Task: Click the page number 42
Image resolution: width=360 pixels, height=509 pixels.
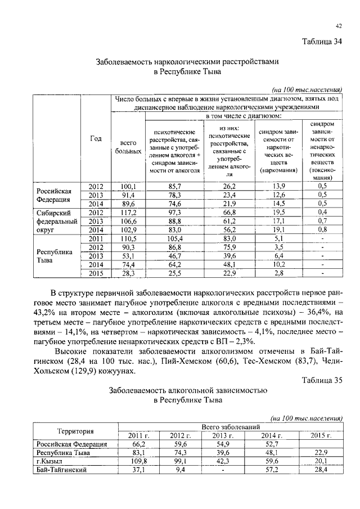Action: pos(339,26)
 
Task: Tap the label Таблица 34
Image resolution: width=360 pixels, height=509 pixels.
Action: pos(322,41)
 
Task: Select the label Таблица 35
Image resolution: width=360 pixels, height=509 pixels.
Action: pos(322,380)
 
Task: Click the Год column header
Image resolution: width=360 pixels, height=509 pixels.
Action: pos(96,138)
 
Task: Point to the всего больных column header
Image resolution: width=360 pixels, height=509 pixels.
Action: pos(128,147)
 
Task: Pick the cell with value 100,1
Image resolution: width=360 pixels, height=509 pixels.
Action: pos(128,186)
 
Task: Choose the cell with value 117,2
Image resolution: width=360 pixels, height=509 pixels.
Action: pos(128,213)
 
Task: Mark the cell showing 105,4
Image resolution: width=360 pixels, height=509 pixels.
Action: pos(174,239)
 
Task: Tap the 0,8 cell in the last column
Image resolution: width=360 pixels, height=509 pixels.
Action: pos(322,230)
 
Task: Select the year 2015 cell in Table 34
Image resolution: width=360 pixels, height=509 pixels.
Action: pos(96,273)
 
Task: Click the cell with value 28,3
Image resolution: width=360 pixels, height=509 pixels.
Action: pos(128,273)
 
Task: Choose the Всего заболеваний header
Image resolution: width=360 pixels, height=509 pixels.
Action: pos(231,427)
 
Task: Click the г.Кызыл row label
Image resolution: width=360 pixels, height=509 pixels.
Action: pos(49,461)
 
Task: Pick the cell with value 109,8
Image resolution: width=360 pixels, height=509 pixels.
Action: pos(136,461)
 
